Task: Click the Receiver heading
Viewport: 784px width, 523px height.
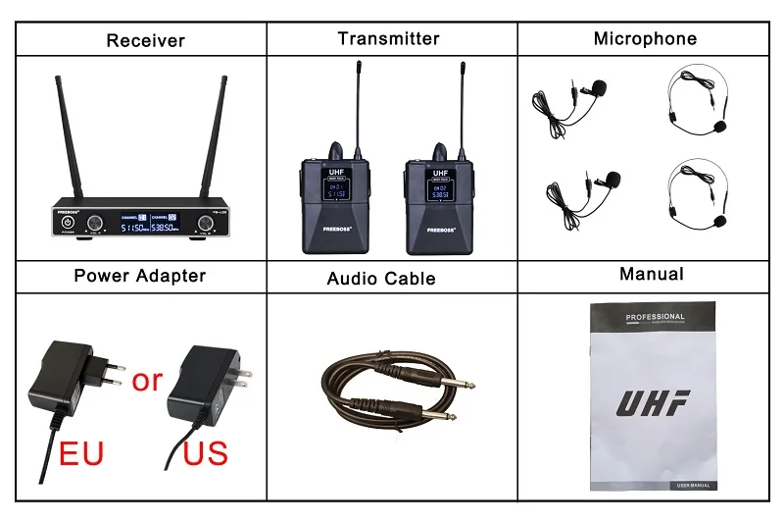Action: [145, 40]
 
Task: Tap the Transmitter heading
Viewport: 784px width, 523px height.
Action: [388, 39]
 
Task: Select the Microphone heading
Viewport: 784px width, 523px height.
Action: [645, 39]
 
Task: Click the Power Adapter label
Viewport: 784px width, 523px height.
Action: [140, 276]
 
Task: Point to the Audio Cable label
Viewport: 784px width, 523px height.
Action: [381, 278]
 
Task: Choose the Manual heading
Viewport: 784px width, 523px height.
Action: [652, 274]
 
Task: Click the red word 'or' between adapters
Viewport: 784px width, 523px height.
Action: [147, 379]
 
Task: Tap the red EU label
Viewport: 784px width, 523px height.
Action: [81, 454]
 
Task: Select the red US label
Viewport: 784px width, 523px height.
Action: [205, 454]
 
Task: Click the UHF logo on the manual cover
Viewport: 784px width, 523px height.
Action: [653, 402]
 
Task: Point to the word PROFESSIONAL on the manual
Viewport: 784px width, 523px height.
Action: [655, 317]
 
